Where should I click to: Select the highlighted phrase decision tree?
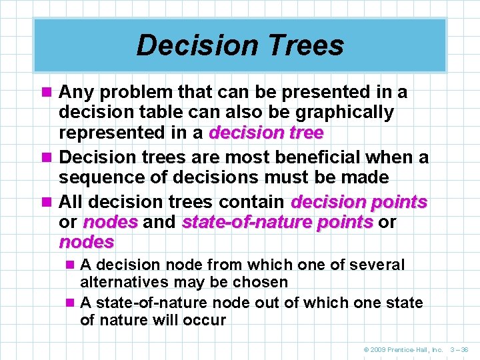(x=266, y=133)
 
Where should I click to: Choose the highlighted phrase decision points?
(x=359, y=201)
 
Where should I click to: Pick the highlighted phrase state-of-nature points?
(x=277, y=222)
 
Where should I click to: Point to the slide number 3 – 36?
(x=460, y=349)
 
